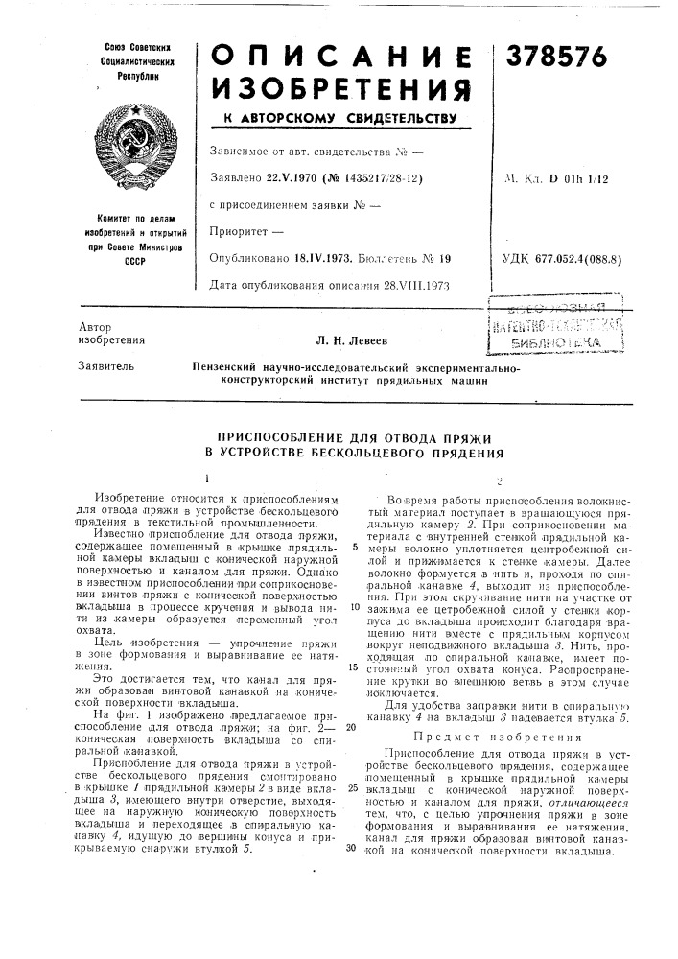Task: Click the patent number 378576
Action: coord(559,58)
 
